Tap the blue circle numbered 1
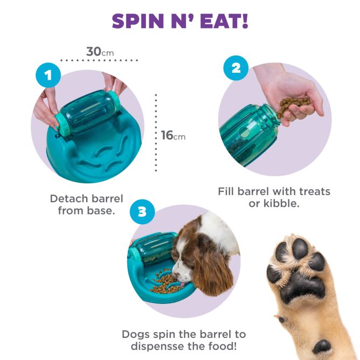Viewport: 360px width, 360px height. [49, 75]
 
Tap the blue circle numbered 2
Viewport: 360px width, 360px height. [236, 69]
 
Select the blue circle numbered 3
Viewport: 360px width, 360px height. [142, 212]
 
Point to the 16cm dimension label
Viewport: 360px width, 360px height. [172, 135]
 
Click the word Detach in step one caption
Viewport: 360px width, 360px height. [68, 198]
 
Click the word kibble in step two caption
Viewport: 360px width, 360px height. [281, 203]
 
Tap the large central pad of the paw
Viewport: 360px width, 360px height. [302, 284]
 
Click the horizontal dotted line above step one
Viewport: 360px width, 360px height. [99, 60]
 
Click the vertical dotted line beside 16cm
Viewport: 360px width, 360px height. [156, 133]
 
